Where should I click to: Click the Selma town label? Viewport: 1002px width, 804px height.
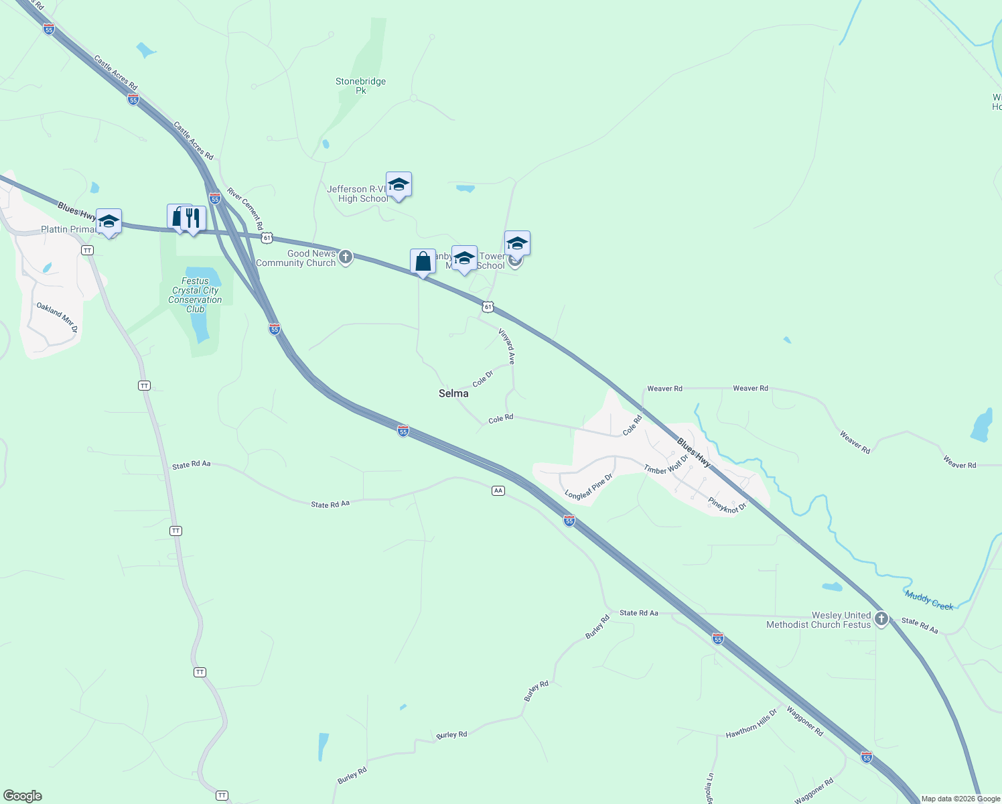[x=453, y=393]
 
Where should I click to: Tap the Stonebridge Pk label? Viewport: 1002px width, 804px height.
[x=360, y=86]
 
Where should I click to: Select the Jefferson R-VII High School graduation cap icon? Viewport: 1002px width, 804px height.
[x=399, y=184]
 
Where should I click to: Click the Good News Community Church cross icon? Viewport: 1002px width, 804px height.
[x=346, y=257]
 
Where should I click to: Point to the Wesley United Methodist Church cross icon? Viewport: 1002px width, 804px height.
[x=881, y=619]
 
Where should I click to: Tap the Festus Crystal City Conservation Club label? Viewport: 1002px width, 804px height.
[x=195, y=295]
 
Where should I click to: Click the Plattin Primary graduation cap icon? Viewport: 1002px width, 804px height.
[x=109, y=221]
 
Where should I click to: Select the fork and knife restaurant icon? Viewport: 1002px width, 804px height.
[x=193, y=217]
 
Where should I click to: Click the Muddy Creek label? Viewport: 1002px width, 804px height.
[x=929, y=600]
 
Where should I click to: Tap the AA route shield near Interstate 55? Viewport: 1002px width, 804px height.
[x=498, y=491]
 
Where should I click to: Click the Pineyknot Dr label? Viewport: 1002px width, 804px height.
[x=727, y=505]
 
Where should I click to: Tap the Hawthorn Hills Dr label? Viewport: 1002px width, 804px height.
[x=751, y=724]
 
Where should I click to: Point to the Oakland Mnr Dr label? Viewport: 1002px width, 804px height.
[x=57, y=318]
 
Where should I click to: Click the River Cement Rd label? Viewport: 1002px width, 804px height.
[x=245, y=208]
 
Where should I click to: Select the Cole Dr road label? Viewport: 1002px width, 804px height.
[x=482, y=379]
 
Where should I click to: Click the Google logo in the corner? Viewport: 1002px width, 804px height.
[x=22, y=796]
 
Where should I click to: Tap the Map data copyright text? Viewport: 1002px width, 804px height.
[x=960, y=799]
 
